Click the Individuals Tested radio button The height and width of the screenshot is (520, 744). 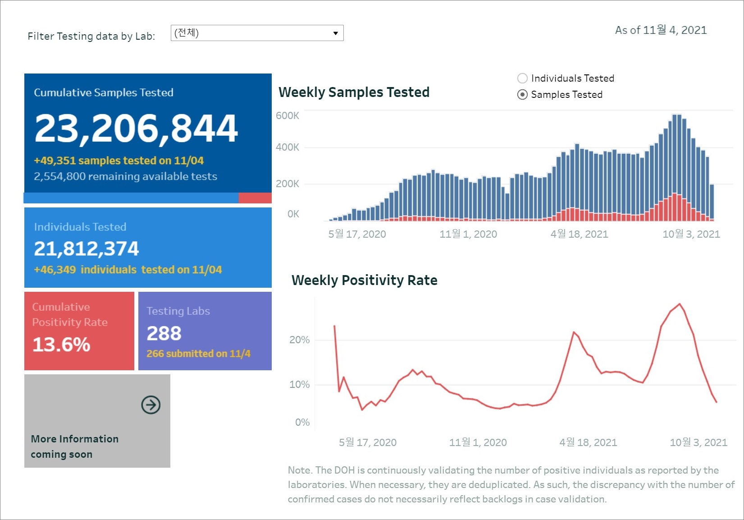(x=522, y=78)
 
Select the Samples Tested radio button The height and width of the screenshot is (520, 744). (x=522, y=95)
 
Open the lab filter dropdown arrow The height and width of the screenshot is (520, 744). (x=335, y=33)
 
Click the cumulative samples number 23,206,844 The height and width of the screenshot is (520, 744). (x=136, y=129)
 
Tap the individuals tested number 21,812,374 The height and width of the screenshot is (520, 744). (x=87, y=248)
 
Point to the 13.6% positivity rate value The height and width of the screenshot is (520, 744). (x=61, y=345)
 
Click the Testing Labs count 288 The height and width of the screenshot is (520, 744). (x=164, y=333)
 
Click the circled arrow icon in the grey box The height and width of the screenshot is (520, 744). (x=151, y=405)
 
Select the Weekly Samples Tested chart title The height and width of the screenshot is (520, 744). (x=354, y=92)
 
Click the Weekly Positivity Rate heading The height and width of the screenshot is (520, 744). (x=364, y=280)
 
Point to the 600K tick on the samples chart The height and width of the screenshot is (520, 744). (x=287, y=115)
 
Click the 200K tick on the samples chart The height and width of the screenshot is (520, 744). (x=287, y=184)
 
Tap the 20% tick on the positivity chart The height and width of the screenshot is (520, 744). (x=299, y=340)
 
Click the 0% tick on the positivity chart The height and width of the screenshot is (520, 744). (x=302, y=422)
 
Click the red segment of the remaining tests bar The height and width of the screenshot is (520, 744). (x=255, y=198)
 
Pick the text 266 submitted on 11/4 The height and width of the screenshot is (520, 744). (x=198, y=354)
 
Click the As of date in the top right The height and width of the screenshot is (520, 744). (x=661, y=30)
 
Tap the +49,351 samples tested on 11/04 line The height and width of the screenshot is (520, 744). (x=119, y=161)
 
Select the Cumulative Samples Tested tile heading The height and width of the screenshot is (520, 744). (x=104, y=92)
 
